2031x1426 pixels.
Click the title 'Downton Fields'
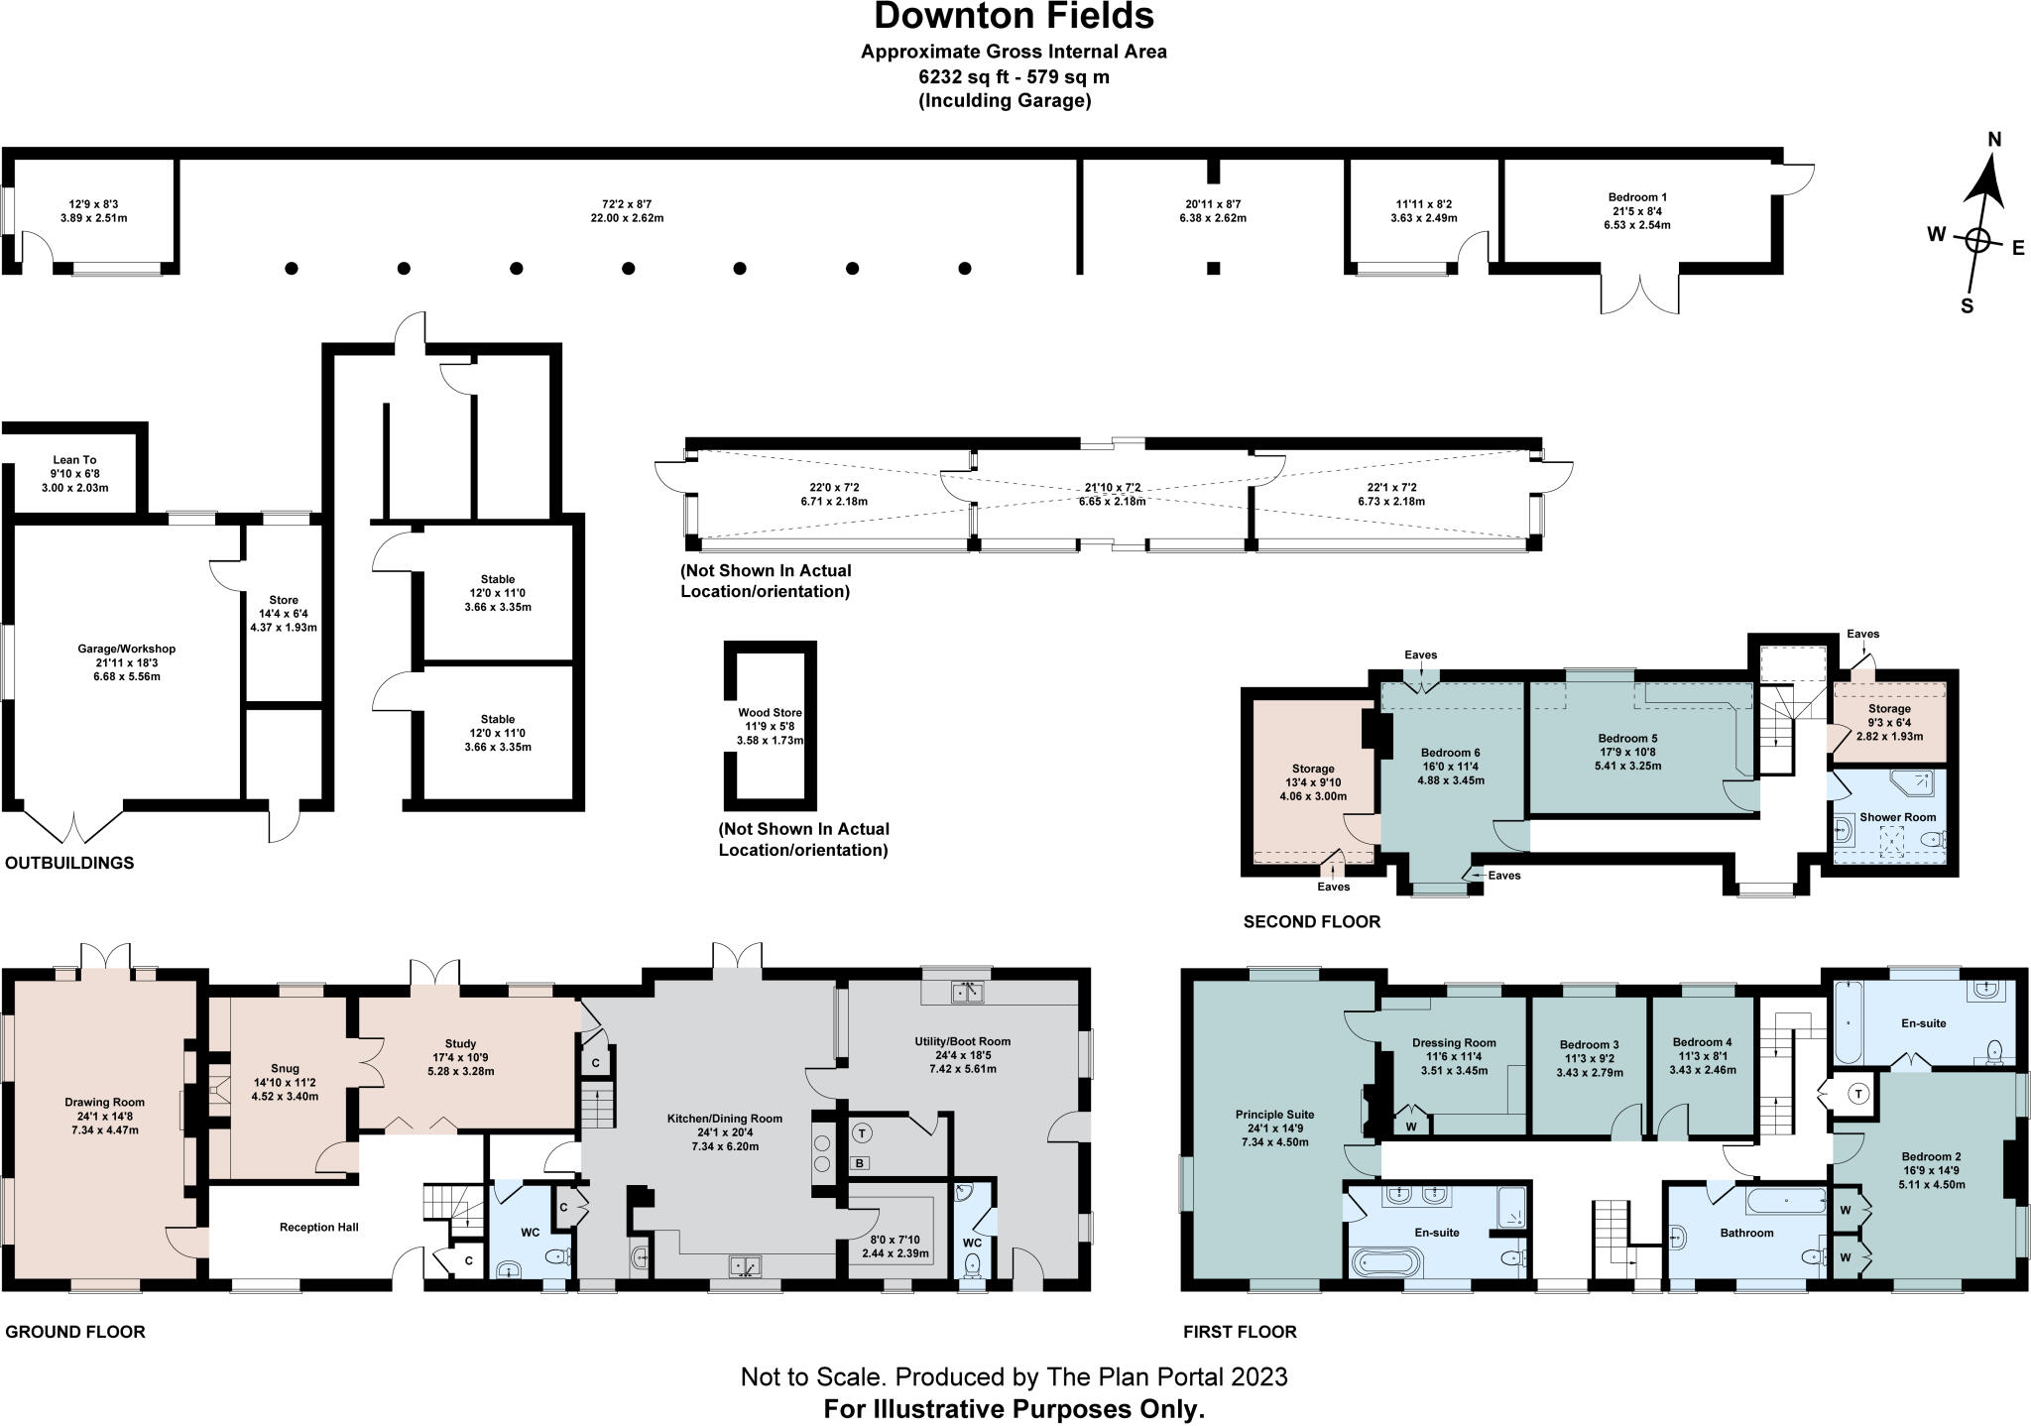(1014, 17)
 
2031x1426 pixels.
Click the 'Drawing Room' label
(105, 1102)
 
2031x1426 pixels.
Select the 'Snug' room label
(285, 1069)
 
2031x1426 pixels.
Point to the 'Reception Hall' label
(319, 1227)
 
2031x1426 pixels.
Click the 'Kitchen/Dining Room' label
(725, 1119)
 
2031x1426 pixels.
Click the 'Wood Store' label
(770, 713)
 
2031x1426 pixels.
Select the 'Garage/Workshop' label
(127, 650)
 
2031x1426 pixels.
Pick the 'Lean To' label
(75, 460)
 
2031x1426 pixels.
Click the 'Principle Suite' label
(1274, 1113)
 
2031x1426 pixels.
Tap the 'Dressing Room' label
(1455, 1042)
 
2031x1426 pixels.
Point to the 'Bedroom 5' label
(1627, 739)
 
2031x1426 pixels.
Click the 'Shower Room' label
(1898, 817)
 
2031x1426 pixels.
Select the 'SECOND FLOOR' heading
(1312, 922)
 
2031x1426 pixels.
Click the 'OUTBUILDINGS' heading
(69, 863)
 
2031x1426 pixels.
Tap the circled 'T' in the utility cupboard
(862, 1132)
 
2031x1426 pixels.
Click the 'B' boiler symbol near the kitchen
(860, 1163)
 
